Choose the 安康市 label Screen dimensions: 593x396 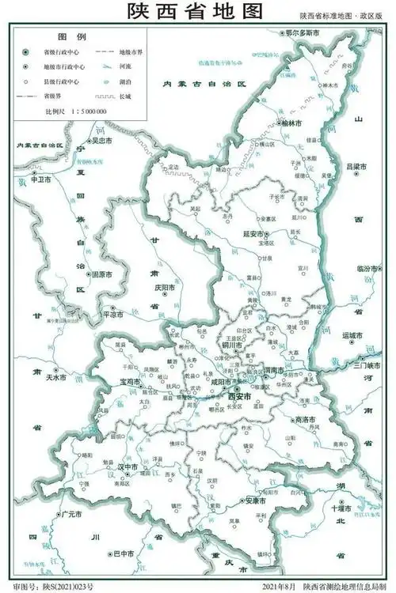pos(253,500)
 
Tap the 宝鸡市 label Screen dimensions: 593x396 pos(129,381)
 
